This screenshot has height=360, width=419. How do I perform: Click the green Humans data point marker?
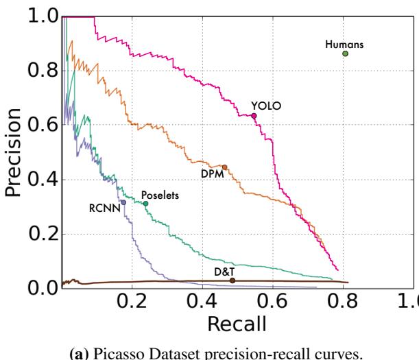coord(345,53)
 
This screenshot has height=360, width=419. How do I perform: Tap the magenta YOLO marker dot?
coord(254,116)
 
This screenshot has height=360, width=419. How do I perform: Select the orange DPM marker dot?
coord(224,167)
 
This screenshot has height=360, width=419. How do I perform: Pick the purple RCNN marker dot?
coord(123,202)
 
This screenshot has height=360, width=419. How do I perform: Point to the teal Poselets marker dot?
coord(145,204)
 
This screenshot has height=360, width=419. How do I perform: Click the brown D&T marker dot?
coord(232,280)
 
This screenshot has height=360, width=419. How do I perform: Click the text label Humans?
coord(344,44)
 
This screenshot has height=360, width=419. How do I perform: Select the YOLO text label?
coord(267,105)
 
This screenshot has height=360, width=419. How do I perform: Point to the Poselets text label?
coord(160,195)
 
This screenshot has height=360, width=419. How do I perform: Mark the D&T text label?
coord(224,272)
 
